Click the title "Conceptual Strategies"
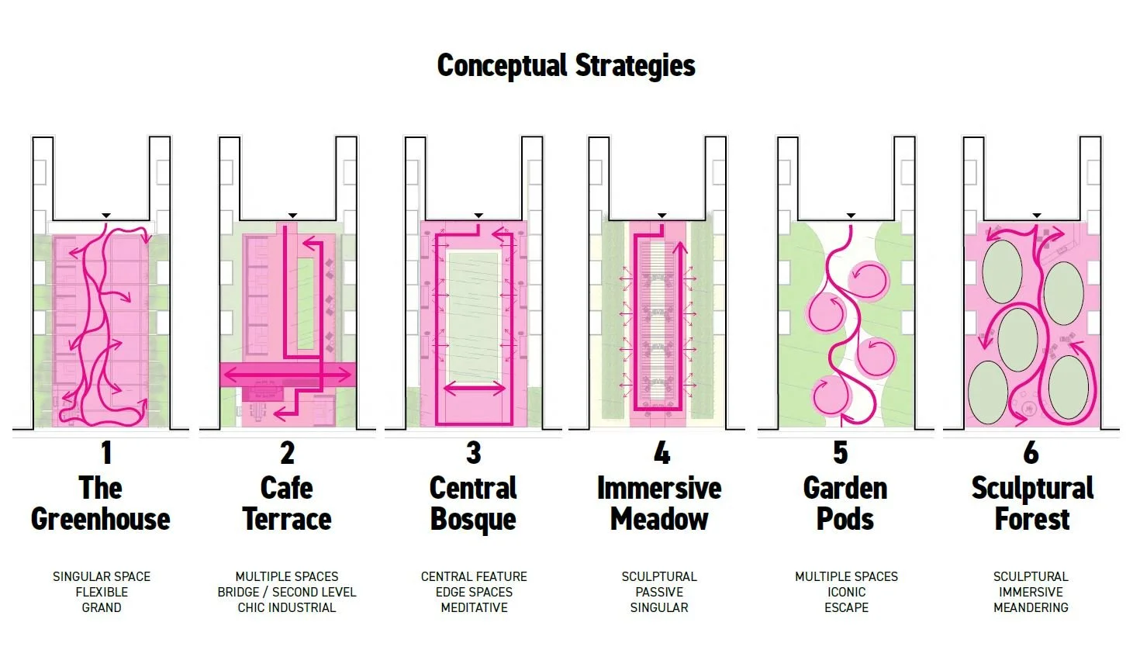pos(566,66)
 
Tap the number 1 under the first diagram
pos(106,453)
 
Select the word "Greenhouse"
pos(101,520)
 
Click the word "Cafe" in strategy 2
pos(286,489)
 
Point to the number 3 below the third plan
pos(473,453)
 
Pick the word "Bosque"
pos(473,520)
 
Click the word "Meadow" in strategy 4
pos(659,520)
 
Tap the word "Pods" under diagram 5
pos(845,520)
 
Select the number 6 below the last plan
pos(1031,453)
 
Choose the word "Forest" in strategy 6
pos(1032,520)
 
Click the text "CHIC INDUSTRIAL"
pos(287,608)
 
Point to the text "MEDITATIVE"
pos(474,608)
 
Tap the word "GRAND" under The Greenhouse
pos(102,608)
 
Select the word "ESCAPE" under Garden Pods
pos(846,608)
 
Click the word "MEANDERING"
pos(1031,608)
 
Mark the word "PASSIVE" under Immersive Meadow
pos(659,593)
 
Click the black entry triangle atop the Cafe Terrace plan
pos(292,215)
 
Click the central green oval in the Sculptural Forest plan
pos(1017,340)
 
